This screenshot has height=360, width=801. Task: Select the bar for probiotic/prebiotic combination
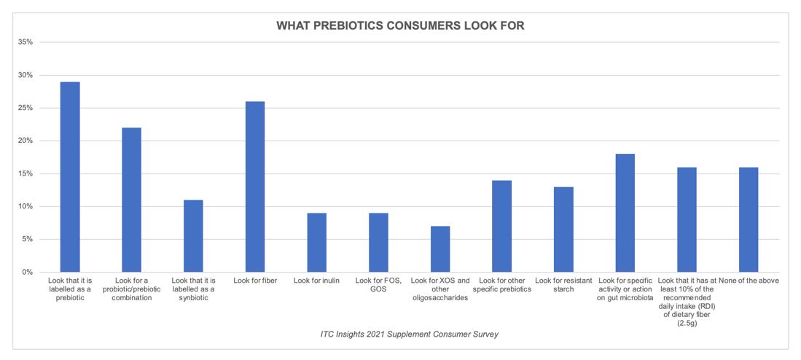[x=131, y=200]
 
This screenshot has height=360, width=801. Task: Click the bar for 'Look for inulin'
[x=317, y=242]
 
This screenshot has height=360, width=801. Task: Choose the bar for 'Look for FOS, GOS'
[x=378, y=242]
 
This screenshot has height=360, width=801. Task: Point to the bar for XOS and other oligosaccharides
[x=440, y=249]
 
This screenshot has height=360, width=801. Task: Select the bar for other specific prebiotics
[x=501, y=226]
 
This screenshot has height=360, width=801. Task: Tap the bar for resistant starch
[x=563, y=229]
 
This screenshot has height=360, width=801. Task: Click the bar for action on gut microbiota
[x=625, y=213]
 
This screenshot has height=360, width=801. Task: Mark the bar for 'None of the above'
[x=749, y=219]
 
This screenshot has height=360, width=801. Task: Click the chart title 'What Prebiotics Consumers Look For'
[x=400, y=26]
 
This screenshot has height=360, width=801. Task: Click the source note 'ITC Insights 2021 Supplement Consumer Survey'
[x=400, y=334]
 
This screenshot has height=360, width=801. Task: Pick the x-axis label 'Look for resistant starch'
[x=563, y=284]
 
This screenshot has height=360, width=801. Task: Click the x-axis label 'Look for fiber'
[x=255, y=280]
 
